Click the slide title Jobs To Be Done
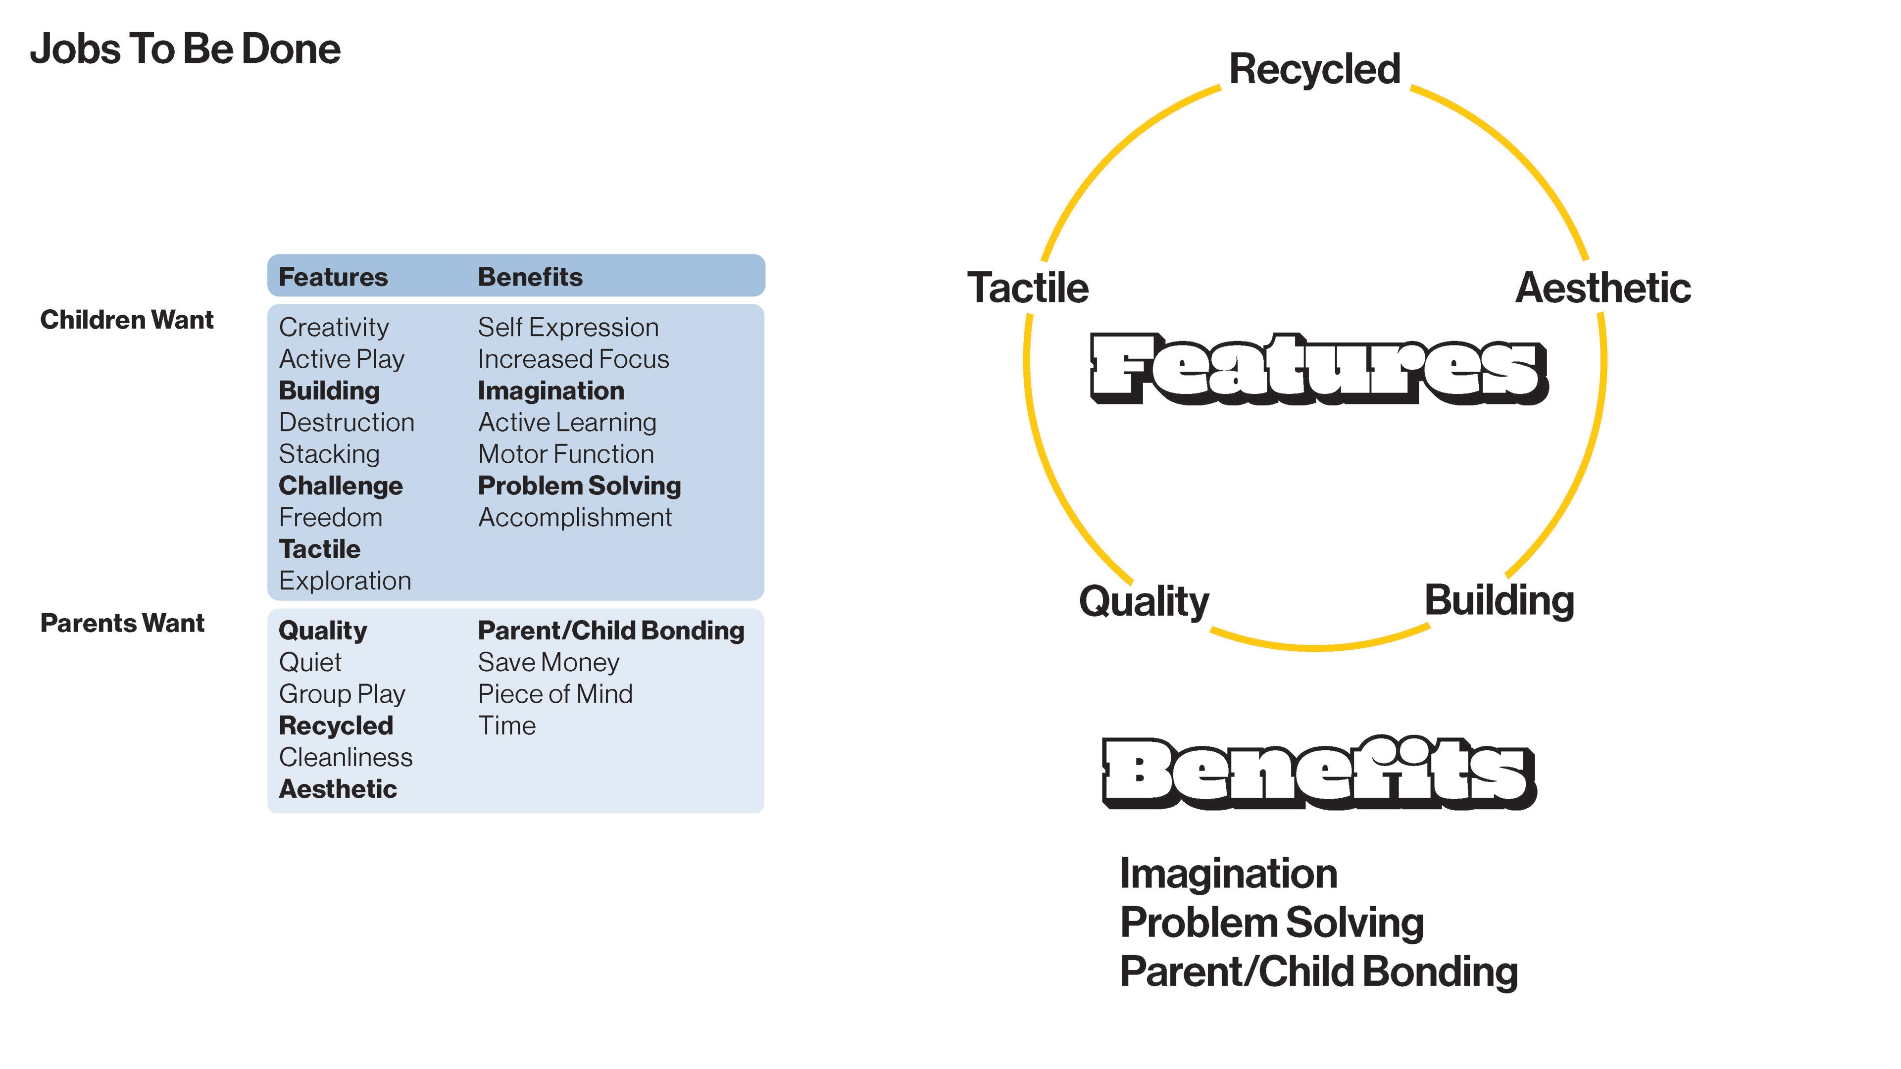click(x=185, y=49)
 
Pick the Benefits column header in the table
click(x=530, y=277)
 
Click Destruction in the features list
click(x=346, y=422)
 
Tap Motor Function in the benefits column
click(x=566, y=454)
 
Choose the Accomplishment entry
click(x=575, y=517)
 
